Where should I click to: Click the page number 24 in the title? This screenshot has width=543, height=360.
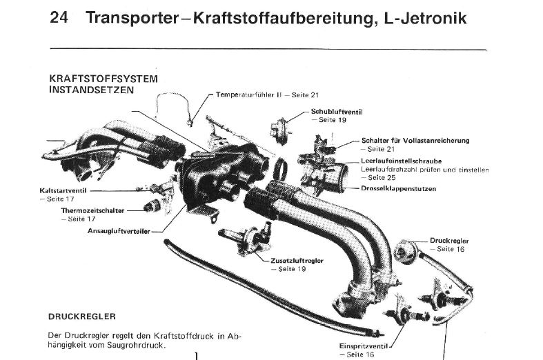59,17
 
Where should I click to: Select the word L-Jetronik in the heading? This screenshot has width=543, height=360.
426,18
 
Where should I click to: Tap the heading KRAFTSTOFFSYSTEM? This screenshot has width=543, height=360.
103,79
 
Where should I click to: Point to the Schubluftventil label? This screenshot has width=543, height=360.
337,112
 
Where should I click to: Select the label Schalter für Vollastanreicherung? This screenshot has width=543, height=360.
415,141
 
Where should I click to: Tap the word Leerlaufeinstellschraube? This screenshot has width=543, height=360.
402,161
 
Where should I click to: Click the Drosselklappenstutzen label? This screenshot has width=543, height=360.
399,189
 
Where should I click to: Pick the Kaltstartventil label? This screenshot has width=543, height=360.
63,191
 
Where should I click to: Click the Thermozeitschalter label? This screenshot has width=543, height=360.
93,210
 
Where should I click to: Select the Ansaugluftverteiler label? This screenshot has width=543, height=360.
119,231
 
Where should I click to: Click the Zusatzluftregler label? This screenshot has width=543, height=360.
297,261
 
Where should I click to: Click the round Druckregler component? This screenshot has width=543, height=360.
405,250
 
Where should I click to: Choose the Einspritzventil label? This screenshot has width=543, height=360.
365,346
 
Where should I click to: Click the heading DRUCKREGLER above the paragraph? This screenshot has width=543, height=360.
82,317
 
